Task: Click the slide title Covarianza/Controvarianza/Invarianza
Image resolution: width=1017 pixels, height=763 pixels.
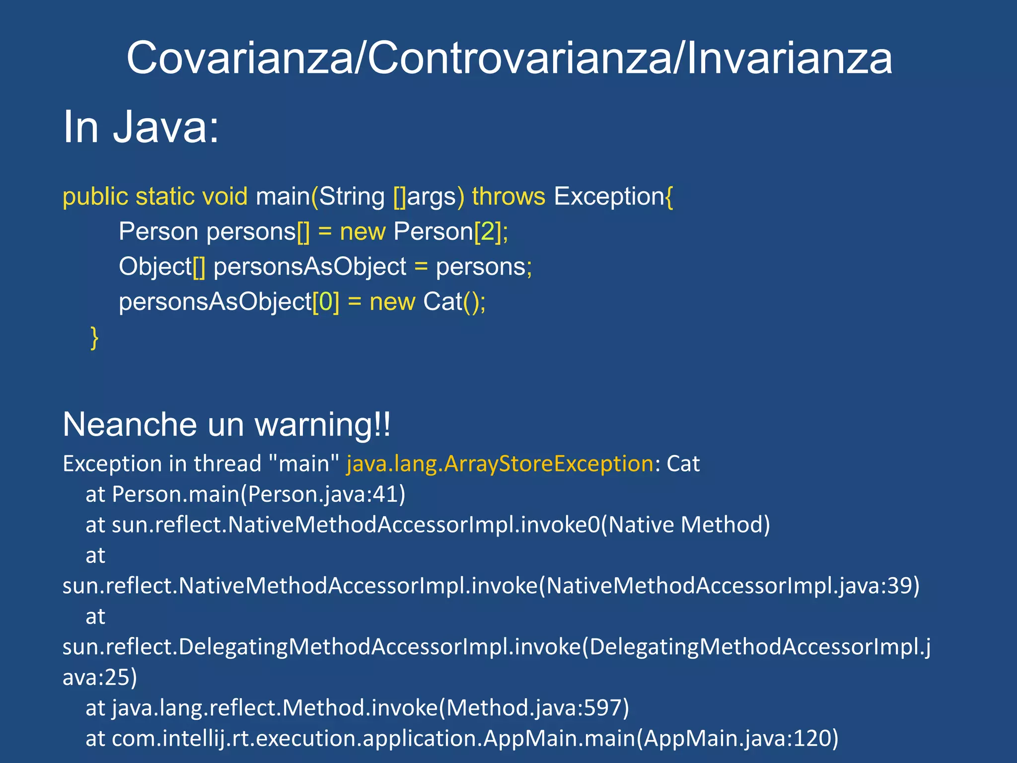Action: pos(509,59)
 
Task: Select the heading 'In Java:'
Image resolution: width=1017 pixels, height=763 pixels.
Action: pos(141,127)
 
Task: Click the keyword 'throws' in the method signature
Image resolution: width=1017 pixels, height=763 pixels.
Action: pos(508,197)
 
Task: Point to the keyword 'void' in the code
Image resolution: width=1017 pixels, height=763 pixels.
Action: pos(224,197)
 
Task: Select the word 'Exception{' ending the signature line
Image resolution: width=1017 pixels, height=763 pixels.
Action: pos(613,197)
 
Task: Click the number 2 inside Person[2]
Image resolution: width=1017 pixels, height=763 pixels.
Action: pos(488,232)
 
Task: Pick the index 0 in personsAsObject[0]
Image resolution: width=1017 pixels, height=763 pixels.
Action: pos(326,302)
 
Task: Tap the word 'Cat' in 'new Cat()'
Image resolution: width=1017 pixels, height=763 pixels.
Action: pos(442,302)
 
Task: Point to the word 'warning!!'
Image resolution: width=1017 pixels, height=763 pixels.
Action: pos(322,425)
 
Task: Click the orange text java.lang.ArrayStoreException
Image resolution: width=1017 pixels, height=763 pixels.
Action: pos(500,464)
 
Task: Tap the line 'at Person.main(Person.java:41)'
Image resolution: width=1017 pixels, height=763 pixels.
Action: pos(245,494)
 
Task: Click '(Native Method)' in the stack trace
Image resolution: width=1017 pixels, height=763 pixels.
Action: pos(685,525)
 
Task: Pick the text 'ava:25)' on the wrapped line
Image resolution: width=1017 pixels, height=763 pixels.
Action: pos(99,678)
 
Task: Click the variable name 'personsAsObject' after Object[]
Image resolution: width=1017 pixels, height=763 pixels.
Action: pos(309,267)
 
